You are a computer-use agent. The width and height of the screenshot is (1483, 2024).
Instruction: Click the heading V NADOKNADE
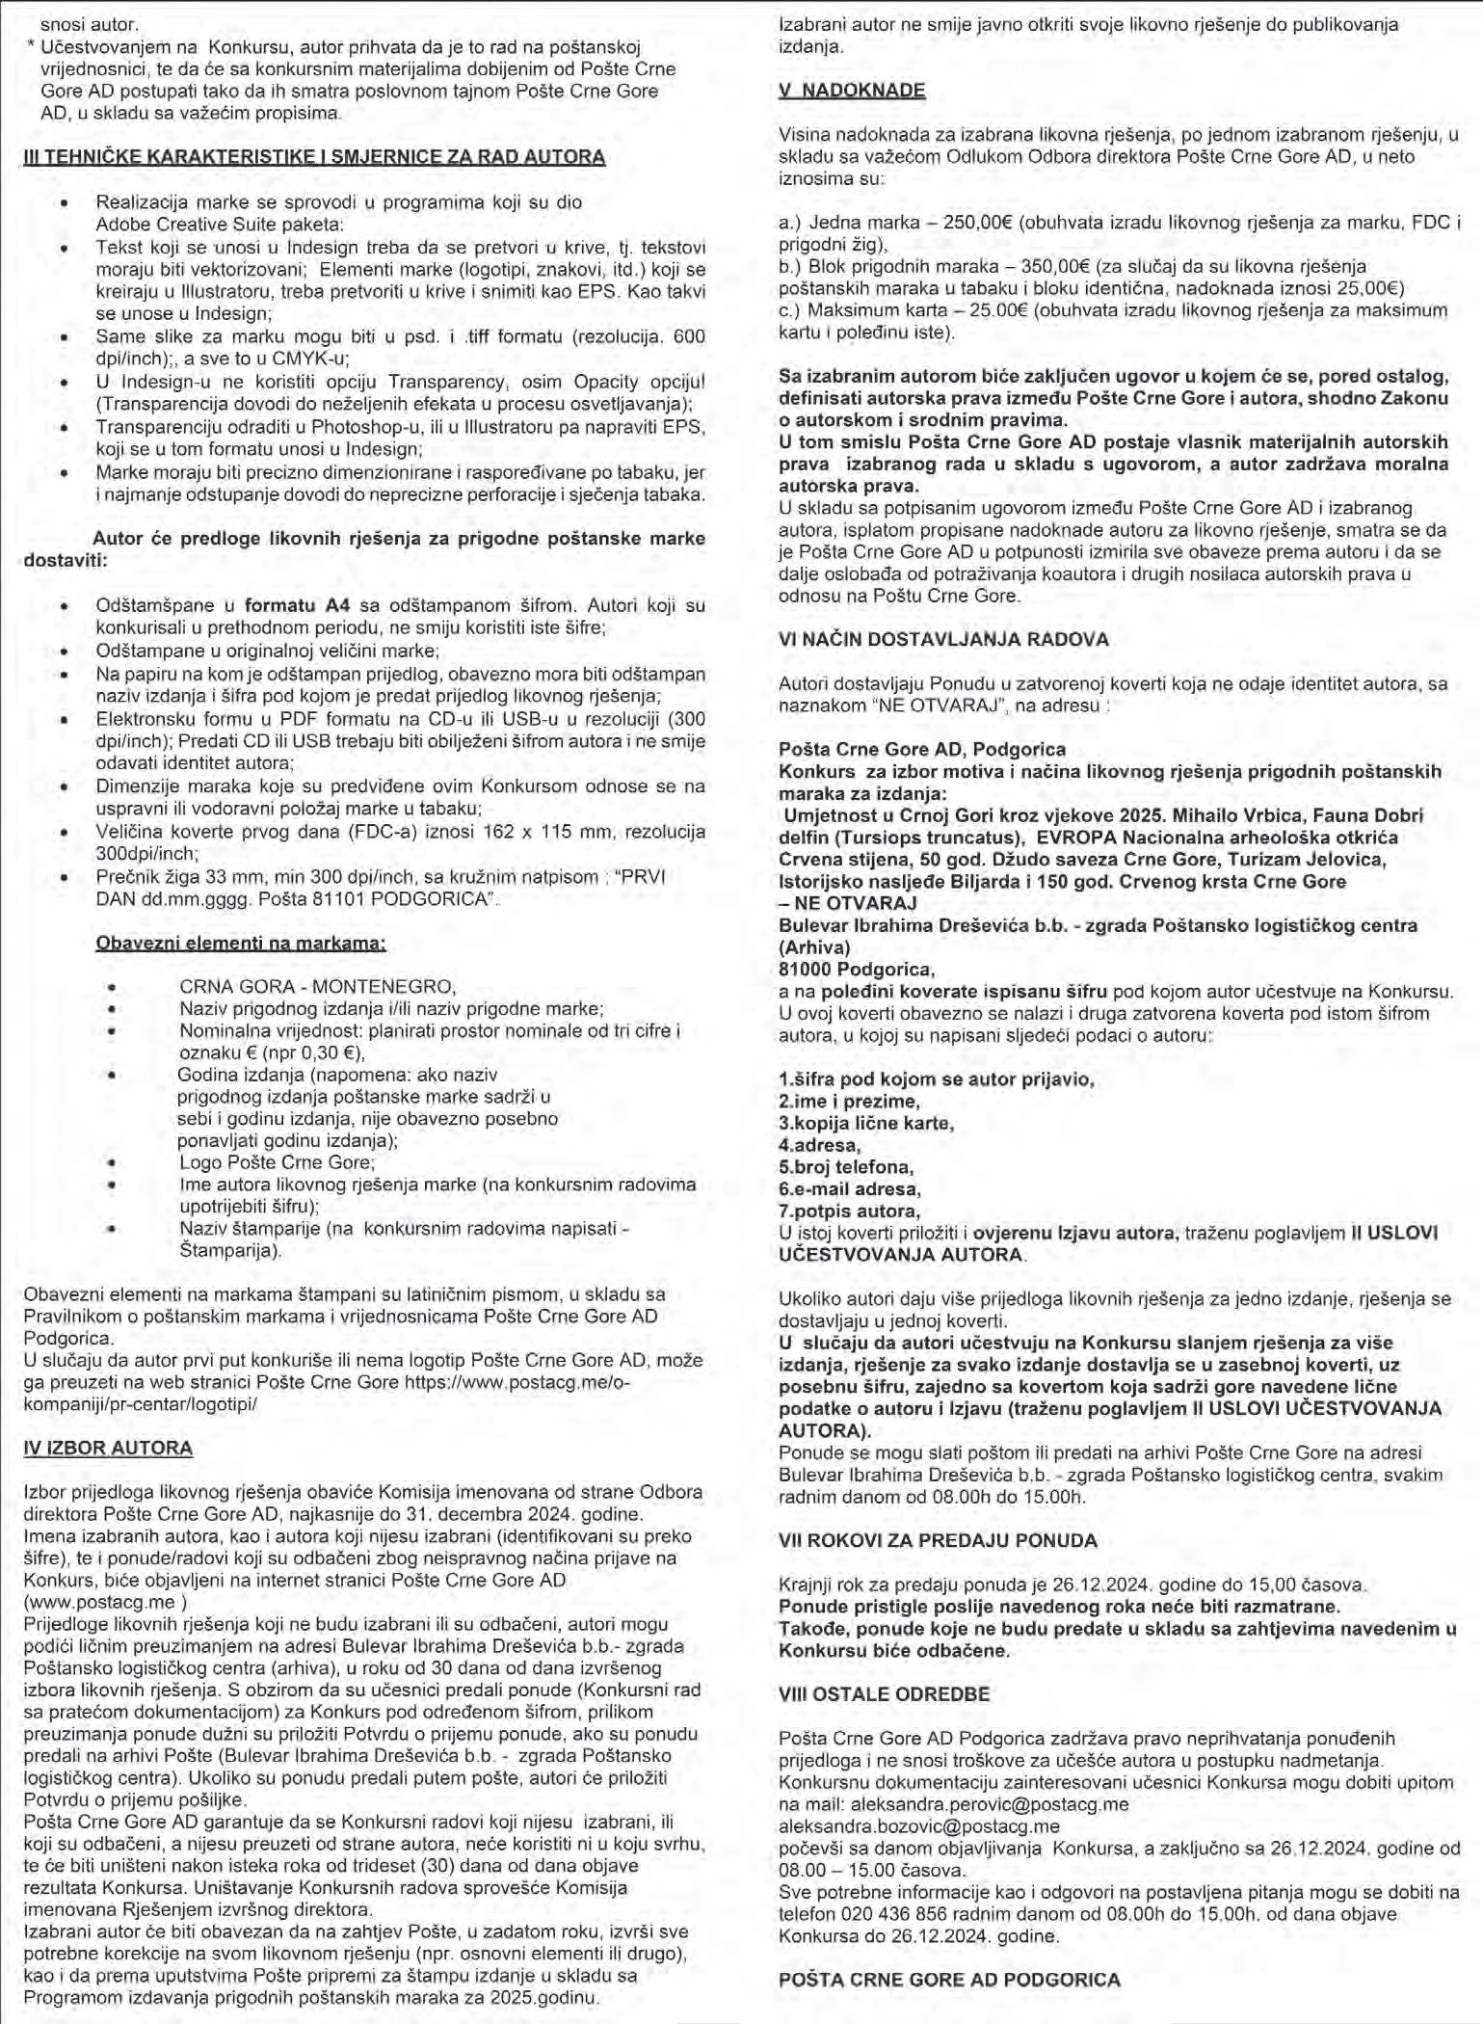point(851,91)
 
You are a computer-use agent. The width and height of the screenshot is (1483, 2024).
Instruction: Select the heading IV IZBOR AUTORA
point(108,1448)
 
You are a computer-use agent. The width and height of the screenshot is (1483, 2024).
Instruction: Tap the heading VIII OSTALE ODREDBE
point(884,1694)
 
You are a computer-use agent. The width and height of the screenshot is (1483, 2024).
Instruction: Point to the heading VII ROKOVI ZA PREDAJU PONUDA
point(937,1541)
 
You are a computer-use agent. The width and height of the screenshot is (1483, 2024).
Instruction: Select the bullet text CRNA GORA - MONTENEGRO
point(317,986)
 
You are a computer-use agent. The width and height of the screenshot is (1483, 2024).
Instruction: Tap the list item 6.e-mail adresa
point(849,1188)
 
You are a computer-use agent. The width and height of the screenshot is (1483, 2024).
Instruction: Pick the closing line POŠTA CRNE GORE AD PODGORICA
point(949,1980)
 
